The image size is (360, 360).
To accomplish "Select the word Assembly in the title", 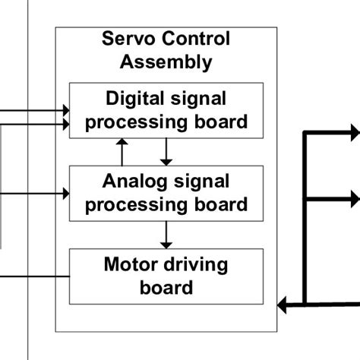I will click(x=166, y=62).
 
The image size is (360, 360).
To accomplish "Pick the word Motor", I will click(x=129, y=265).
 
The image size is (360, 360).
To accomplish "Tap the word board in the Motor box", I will click(x=166, y=287).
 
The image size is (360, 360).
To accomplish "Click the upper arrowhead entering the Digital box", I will click(x=64, y=111).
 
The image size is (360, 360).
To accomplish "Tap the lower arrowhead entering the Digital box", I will click(x=64, y=122).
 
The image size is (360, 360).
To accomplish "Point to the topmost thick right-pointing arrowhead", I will click(x=353, y=132).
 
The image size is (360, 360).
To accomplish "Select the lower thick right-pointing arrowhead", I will click(x=353, y=200).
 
